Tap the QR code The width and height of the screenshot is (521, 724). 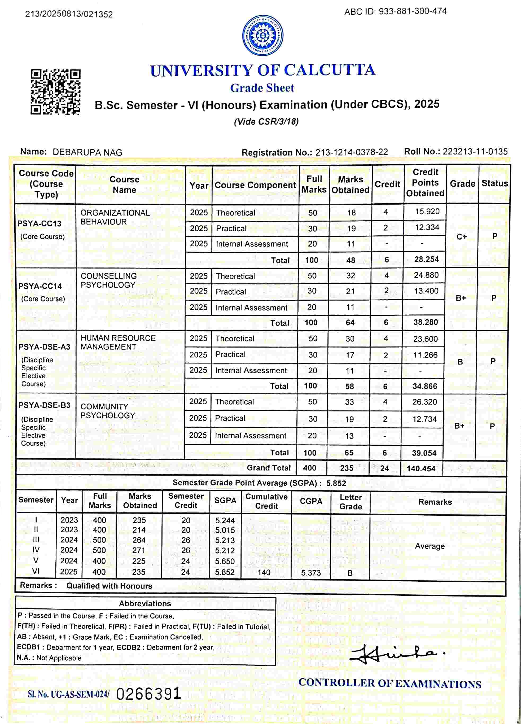click(x=56, y=92)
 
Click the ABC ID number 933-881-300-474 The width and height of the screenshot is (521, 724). click(x=413, y=11)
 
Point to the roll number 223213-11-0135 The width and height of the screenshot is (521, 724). click(x=475, y=152)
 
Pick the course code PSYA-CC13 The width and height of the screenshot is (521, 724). click(x=39, y=223)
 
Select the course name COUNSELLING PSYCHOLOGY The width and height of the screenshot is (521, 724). click(x=108, y=280)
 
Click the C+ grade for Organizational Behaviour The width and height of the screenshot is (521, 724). click(x=462, y=236)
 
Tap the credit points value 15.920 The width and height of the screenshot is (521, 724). click(x=427, y=212)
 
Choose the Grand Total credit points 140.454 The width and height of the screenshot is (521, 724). click(x=421, y=468)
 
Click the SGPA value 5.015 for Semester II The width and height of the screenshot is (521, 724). click(x=225, y=530)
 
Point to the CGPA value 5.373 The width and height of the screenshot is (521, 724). click(x=311, y=573)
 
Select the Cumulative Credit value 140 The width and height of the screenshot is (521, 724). click(x=264, y=572)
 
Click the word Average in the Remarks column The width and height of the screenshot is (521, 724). click(x=430, y=546)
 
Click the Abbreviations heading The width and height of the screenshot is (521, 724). click(x=145, y=604)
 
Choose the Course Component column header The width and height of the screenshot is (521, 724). click(x=255, y=185)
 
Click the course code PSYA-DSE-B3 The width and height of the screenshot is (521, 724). click(x=44, y=405)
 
